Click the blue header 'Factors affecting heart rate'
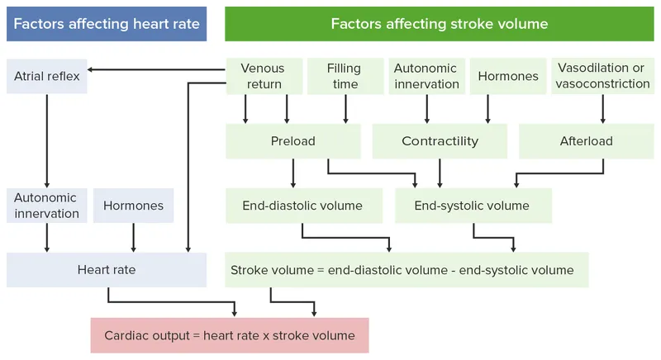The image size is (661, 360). [107, 24]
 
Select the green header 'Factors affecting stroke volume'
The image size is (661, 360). [439, 24]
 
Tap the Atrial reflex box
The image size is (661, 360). [47, 76]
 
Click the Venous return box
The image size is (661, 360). [261, 76]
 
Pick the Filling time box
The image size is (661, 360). [343, 76]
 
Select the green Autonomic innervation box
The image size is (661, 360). [426, 76]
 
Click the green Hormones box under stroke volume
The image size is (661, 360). [508, 76]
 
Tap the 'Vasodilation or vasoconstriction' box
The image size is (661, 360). [603, 76]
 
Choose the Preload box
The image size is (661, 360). [292, 141]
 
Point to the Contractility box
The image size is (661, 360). [440, 141]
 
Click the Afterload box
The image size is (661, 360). [587, 141]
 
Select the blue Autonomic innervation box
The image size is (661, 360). [46, 206]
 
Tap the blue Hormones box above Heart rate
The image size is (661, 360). [133, 206]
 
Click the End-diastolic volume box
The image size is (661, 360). [301, 206]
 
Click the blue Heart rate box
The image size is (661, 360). [107, 270]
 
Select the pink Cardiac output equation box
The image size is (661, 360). [229, 335]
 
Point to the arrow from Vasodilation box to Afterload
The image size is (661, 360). [603, 109]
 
